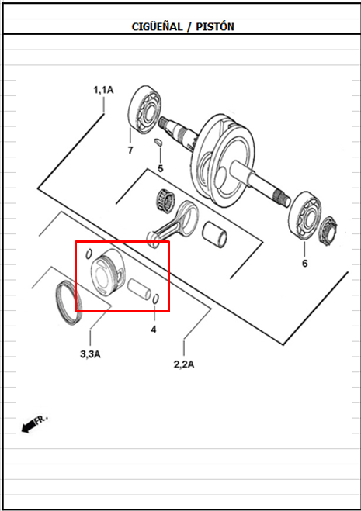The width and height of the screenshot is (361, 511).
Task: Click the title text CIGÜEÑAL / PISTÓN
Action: tap(183, 26)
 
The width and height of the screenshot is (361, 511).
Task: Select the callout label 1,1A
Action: tap(103, 91)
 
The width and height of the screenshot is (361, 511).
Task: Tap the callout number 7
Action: tap(130, 150)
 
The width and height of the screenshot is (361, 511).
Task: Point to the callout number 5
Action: tap(160, 168)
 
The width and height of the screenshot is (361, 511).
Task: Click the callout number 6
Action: tap(304, 263)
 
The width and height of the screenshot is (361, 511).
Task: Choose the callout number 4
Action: tap(154, 329)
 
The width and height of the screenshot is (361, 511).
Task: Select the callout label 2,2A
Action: tap(184, 364)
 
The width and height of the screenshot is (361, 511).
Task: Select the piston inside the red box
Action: tap(106, 272)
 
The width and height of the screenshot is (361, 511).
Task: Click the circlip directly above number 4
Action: tap(156, 299)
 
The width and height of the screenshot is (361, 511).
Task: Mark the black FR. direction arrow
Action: tap(33, 423)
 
